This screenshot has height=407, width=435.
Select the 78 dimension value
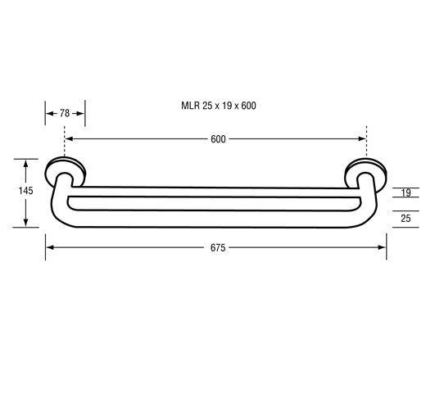[65, 114]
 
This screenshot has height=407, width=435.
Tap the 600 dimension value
[218, 139]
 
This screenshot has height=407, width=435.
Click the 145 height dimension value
[25, 191]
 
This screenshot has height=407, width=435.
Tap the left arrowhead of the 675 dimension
[49, 246]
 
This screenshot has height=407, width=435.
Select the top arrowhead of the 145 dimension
[27, 162]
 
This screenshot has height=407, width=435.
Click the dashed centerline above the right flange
[367, 141]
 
